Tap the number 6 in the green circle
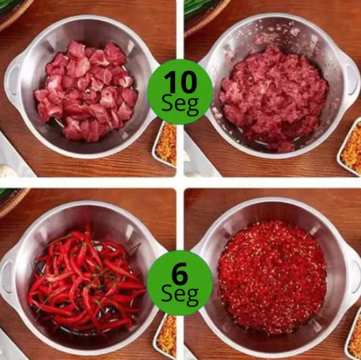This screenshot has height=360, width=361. click(180, 274)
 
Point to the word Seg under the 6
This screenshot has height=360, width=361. click(180, 297)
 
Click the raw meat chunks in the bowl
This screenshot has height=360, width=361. click(86, 91)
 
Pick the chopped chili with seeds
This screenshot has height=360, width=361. click(273, 276)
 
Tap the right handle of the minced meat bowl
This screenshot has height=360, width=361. click(352, 79)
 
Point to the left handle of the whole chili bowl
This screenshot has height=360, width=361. click(7, 276)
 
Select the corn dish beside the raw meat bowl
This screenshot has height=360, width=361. click(165, 144)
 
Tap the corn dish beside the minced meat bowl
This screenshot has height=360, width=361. click(350, 147)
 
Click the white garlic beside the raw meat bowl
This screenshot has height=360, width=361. click(8, 171)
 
